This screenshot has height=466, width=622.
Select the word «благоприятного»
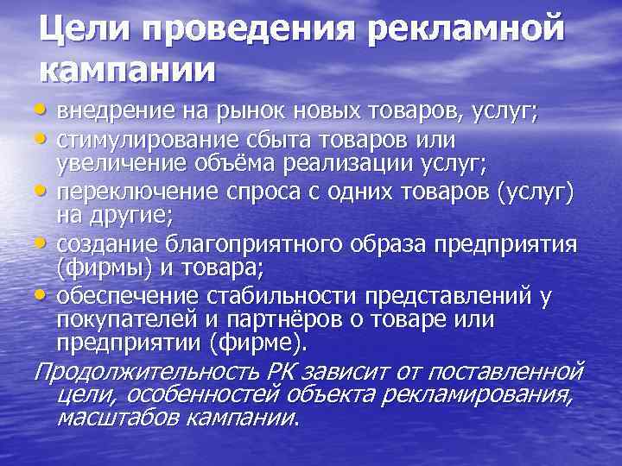(233, 244)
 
